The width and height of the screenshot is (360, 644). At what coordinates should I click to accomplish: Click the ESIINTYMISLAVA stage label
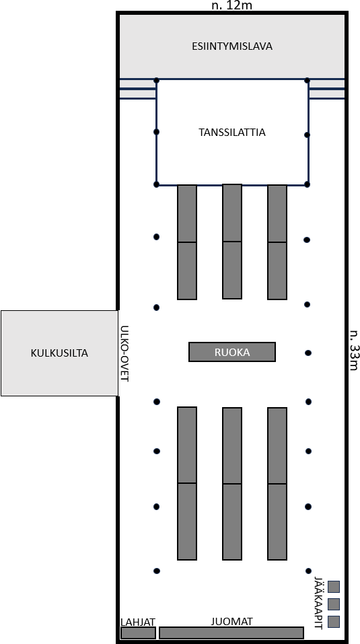232,46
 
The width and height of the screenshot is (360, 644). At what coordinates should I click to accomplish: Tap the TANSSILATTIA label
232,133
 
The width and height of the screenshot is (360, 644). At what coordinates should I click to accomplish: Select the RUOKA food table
232,352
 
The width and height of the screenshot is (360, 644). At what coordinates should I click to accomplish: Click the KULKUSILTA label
59,353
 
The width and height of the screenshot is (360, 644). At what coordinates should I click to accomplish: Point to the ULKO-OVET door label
124,354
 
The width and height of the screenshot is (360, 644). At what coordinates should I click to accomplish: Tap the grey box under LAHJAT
139,633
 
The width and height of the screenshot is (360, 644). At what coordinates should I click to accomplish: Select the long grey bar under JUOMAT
231,633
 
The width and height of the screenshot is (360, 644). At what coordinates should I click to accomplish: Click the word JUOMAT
231,621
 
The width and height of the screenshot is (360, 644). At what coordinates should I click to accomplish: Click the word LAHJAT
138,622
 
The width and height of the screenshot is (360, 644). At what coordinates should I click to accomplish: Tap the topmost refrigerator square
334,587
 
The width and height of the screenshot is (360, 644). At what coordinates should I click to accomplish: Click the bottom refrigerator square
334,622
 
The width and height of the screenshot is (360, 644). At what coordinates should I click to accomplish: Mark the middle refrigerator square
334,604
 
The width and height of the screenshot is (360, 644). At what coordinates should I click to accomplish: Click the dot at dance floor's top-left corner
156,80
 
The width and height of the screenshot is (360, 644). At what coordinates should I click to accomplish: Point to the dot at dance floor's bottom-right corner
307,184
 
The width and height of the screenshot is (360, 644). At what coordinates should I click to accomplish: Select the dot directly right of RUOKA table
308,353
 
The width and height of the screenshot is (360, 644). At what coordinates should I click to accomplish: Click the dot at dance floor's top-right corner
307,80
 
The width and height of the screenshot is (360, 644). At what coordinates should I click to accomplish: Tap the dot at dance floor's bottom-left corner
156,184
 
